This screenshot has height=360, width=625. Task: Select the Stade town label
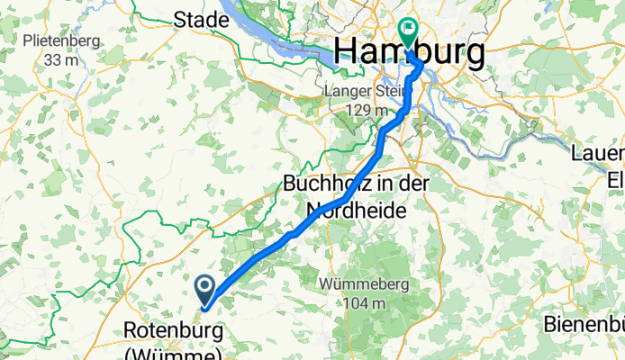coord(201,19)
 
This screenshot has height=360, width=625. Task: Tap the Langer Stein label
coord(360,92)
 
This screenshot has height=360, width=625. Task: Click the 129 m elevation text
coord(360,109)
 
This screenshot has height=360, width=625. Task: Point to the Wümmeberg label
coord(364,284)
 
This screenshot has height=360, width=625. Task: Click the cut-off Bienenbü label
coord(584,323)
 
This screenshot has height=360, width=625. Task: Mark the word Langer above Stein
coord(345,92)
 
